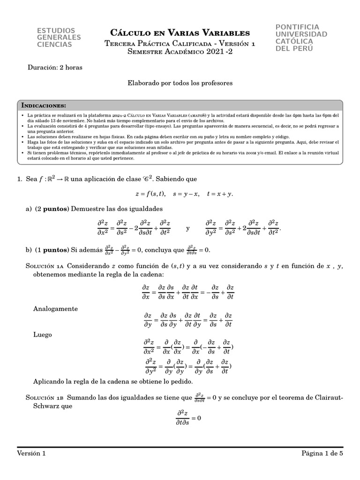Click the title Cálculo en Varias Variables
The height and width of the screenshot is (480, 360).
180,33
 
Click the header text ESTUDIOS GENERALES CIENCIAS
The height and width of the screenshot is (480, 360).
59,37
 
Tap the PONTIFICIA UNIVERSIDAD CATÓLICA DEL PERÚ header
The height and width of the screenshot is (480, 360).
301,37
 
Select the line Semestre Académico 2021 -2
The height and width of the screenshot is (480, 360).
180,52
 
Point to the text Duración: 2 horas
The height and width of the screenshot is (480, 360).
55,67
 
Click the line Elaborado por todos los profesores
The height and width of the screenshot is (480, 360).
180,82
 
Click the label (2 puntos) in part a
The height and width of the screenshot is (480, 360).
52,208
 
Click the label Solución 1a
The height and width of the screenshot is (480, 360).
45,266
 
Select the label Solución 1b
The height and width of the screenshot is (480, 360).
45,397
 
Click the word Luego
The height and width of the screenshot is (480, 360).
43,335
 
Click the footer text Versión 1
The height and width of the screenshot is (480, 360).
31,453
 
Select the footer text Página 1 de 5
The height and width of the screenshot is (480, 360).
322,453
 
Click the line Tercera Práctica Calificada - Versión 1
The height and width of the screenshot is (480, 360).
180,43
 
